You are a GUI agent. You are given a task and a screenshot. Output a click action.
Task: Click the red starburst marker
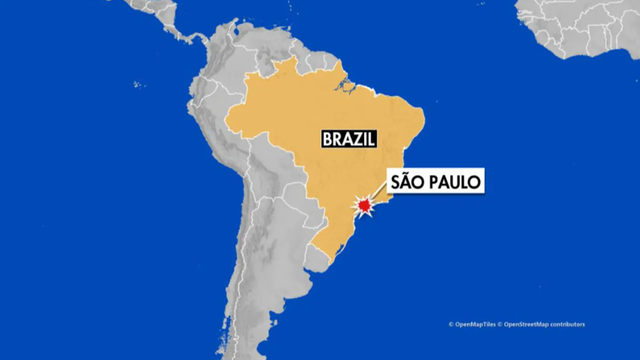(366, 206)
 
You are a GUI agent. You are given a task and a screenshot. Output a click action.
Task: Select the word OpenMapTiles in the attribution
(474, 324)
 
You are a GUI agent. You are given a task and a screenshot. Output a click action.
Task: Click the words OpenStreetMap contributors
(544, 324)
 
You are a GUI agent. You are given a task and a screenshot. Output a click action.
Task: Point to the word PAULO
(449, 182)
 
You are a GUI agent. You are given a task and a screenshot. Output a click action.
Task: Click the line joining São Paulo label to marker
(378, 196)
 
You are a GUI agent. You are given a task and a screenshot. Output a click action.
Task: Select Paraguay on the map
(299, 214)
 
